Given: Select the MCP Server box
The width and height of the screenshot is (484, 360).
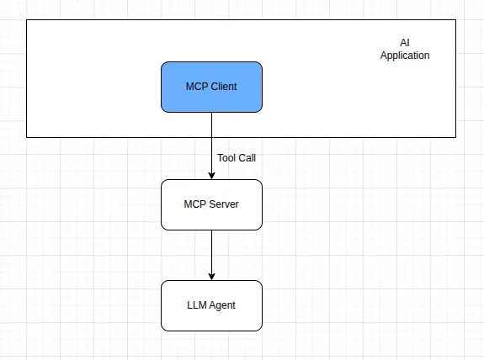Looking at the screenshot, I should point(211,204).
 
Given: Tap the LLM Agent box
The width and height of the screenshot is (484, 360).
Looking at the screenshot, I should point(211,305).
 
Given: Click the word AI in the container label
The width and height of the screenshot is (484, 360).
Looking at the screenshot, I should point(405,43).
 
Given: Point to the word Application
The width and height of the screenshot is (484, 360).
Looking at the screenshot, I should point(405,56).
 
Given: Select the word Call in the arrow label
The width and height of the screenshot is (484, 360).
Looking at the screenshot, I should point(247,157).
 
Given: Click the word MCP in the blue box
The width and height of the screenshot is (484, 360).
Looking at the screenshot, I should point(196,87).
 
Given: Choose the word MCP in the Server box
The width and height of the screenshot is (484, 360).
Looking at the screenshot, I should point(195,204).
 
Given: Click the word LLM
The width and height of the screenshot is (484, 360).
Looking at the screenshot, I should point(197,305).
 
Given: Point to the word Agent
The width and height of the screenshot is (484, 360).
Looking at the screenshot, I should point(222,305).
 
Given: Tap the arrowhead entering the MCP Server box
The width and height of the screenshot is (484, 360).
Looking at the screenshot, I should point(211,175).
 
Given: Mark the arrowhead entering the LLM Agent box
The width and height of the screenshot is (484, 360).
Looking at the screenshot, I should point(211,276).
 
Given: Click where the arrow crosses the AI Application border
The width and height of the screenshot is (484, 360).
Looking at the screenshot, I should point(211,136).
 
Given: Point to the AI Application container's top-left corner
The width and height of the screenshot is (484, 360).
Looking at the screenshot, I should point(27,19).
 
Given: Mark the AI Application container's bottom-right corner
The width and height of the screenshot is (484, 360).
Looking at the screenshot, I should point(456,136).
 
